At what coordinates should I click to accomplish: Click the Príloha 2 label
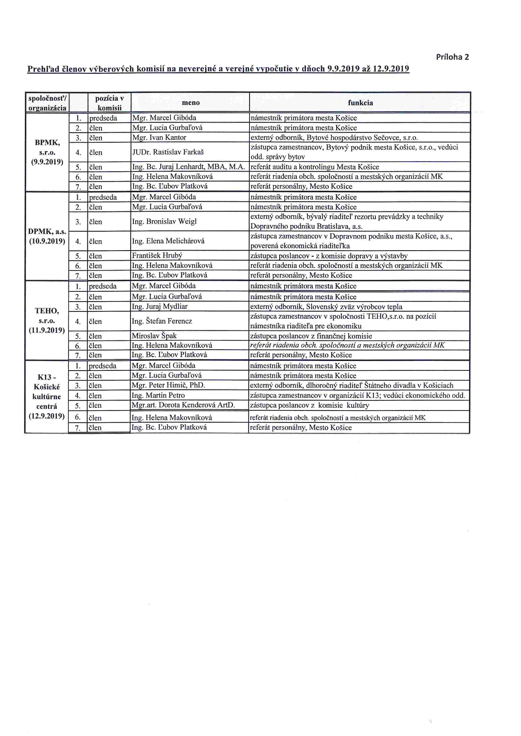(452, 57)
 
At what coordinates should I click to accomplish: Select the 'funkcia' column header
(360, 103)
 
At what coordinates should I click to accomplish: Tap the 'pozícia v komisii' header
(109, 103)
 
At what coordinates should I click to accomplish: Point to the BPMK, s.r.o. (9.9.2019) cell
(47, 152)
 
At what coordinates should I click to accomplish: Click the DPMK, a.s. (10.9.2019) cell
(47, 236)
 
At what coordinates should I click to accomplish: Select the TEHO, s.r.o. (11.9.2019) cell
(47, 320)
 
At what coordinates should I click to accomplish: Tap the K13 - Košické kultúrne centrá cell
(47, 396)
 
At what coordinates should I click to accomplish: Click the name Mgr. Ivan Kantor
(159, 137)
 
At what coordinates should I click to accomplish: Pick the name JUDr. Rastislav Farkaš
(168, 152)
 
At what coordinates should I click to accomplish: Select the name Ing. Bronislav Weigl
(164, 221)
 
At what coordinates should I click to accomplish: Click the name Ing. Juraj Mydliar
(159, 306)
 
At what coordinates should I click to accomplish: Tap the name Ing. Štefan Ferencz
(162, 321)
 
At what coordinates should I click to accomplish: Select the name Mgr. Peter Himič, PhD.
(168, 385)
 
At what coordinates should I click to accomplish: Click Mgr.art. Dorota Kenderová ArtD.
(183, 405)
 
